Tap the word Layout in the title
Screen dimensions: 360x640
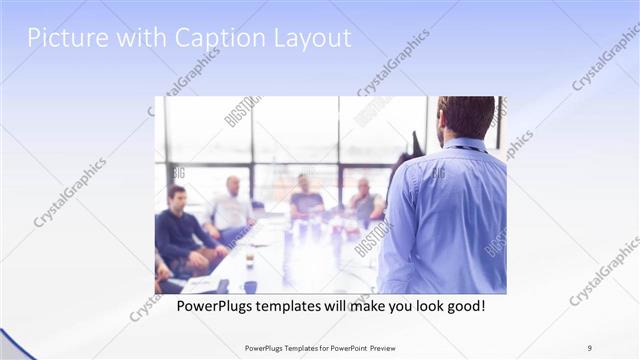311,39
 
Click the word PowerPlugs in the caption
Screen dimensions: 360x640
215,304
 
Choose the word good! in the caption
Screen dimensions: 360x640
465,304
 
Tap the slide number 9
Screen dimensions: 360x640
589,347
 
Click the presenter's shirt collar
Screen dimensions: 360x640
465,144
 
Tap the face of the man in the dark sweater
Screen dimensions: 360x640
177,196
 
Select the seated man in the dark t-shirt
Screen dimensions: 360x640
305,196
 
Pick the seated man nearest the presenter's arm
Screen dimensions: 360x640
364,200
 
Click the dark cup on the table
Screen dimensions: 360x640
249,286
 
